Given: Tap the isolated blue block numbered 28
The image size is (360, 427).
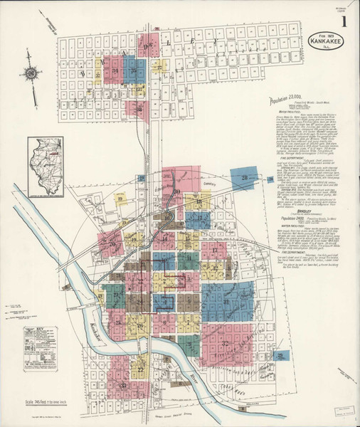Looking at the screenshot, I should [244, 179].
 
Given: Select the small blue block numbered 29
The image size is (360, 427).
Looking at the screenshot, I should [282, 355].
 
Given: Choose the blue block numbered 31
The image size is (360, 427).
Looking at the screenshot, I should [226, 302].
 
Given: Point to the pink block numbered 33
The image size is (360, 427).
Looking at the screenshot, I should [125, 384].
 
